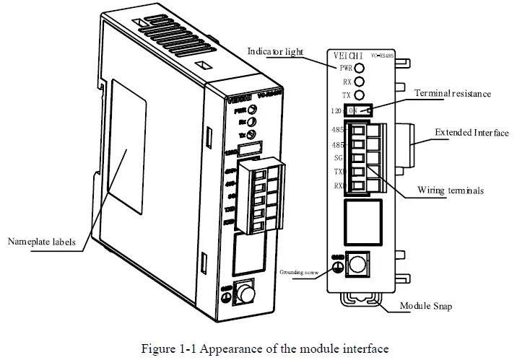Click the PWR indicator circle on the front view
(x=358, y=68)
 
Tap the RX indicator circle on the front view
(x=358, y=82)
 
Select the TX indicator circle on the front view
(x=358, y=95)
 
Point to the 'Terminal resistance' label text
(x=453, y=94)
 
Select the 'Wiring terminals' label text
(x=450, y=190)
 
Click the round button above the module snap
(x=358, y=264)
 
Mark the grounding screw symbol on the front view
(x=336, y=265)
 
